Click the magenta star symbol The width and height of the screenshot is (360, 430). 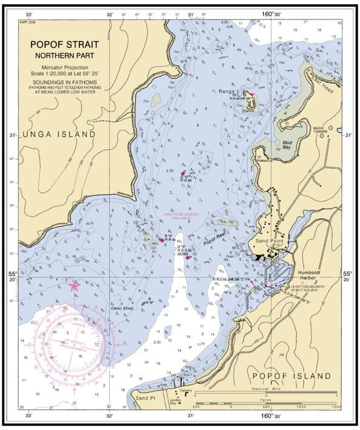pos(74,285)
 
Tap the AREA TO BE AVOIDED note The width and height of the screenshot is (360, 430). pos(182,215)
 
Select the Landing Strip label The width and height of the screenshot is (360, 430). pos(177,403)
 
